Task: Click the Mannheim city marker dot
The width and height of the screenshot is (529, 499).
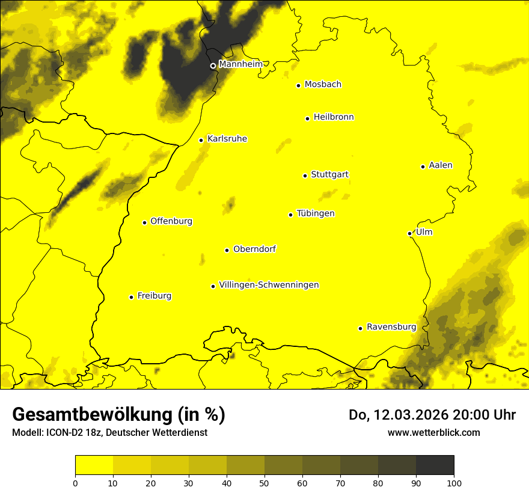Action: (x=213, y=66)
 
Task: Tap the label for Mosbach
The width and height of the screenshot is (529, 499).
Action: (x=323, y=85)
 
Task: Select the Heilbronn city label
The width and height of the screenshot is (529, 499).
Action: (x=334, y=117)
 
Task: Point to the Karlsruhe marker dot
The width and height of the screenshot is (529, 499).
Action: (x=201, y=140)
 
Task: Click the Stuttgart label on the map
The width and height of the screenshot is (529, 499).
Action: (x=329, y=175)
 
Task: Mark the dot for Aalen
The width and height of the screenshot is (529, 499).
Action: (x=423, y=167)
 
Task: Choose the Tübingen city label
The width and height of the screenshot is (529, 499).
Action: (x=316, y=214)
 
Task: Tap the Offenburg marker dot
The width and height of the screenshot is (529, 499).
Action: (x=144, y=222)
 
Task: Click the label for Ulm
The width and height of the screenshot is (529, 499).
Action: (x=424, y=233)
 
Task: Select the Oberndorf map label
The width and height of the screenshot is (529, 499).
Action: (x=254, y=249)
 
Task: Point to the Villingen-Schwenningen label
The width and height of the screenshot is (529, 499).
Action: (x=269, y=285)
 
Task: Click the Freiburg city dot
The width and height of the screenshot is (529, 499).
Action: (x=131, y=297)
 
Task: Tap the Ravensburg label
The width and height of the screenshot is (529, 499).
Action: (x=391, y=327)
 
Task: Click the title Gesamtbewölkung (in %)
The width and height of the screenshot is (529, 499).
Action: (x=118, y=415)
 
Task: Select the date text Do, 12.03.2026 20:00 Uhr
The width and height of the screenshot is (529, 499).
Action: (x=432, y=415)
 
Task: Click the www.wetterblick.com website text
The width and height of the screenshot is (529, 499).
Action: (x=433, y=432)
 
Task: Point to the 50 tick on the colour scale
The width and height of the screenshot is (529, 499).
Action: (x=264, y=482)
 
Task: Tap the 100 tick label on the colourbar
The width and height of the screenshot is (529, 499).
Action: (x=454, y=482)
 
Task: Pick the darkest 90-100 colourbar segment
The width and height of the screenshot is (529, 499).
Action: (x=435, y=465)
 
